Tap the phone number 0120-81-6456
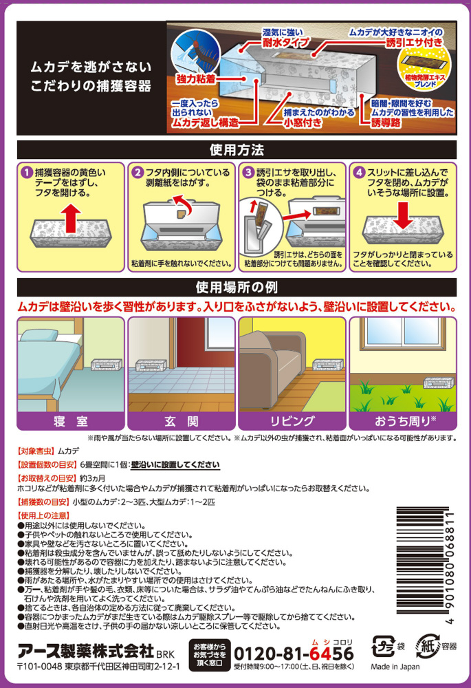(x=294, y=654)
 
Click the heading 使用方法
(x=237, y=150)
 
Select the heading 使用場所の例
(x=237, y=288)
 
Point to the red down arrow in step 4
(x=402, y=215)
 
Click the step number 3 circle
(x=249, y=173)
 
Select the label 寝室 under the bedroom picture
(x=71, y=421)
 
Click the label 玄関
(x=181, y=421)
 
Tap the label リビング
(x=292, y=421)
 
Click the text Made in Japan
(x=395, y=667)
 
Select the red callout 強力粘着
(x=196, y=79)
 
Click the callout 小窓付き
(x=302, y=123)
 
